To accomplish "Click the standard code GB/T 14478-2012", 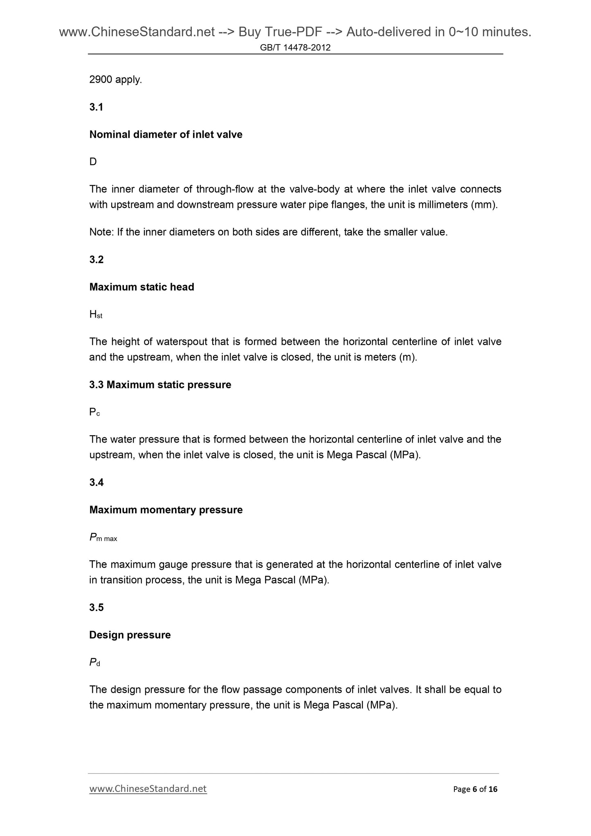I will pyautogui.click(x=295, y=48).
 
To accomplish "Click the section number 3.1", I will pyautogui.click(x=96, y=107).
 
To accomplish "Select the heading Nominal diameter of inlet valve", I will pyautogui.click(x=166, y=135).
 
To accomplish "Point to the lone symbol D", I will pyautogui.click(x=93, y=162).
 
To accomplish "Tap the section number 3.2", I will pyautogui.click(x=97, y=260).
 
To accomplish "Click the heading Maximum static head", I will pyautogui.click(x=142, y=287).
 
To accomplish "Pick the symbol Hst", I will pyautogui.click(x=96, y=315).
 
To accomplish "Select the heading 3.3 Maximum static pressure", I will pyautogui.click(x=160, y=385).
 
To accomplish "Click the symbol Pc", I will pyautogui.click(x=94, y=413).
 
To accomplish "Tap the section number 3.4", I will pyautogui.click(x=97, y=483).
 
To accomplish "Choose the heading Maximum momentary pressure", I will pyautogui.click(x=166, y=510).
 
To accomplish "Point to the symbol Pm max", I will pyautogui.click(x=103, y=538).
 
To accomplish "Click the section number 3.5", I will pyautogui.click(x=97, y=608).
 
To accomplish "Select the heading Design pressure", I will pyautogui.click(x=130, y=635).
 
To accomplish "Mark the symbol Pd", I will pyautogui.click(x=94, y=663).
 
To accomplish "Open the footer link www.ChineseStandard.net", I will pyautogui.click(x=148, y=789).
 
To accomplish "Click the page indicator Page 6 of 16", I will pyautogui.click(x=475, y=789).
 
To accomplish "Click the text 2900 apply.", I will pyautogui.click(x=116, y=80).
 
